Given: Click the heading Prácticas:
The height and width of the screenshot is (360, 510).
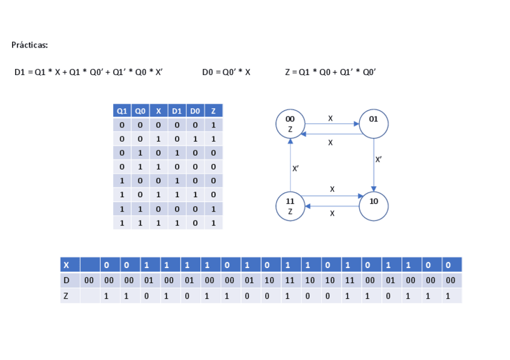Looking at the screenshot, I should pos(29,45).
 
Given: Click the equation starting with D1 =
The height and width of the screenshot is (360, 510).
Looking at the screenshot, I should pos(88,72).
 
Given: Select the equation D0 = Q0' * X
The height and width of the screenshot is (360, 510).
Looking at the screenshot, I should pos(226,72).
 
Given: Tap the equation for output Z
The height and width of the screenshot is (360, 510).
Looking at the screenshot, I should pos(330,72).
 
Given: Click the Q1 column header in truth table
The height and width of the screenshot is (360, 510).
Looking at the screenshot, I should pos(121,111).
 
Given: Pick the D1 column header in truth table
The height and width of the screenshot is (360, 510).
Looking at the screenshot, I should pos(176,111).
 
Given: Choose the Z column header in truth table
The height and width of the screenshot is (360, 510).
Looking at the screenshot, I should pos(213,111).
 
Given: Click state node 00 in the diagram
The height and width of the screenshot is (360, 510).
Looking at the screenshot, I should pos(290,124).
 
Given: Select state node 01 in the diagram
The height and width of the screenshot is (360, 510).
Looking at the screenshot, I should pos(373,124).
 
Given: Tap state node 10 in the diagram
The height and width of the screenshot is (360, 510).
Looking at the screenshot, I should pos(373,206).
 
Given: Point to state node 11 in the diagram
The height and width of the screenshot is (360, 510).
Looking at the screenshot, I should pos(290,206).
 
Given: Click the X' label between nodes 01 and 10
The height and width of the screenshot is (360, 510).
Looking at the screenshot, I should pos(378,160).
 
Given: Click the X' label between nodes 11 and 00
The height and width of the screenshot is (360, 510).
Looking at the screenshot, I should pos(295,169).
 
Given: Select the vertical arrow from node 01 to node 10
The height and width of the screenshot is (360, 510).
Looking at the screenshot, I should pos(373,165).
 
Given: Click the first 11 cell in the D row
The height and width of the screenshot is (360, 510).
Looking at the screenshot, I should pos(289,280).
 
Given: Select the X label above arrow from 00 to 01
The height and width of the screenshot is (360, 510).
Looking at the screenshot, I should pos(330,118).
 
